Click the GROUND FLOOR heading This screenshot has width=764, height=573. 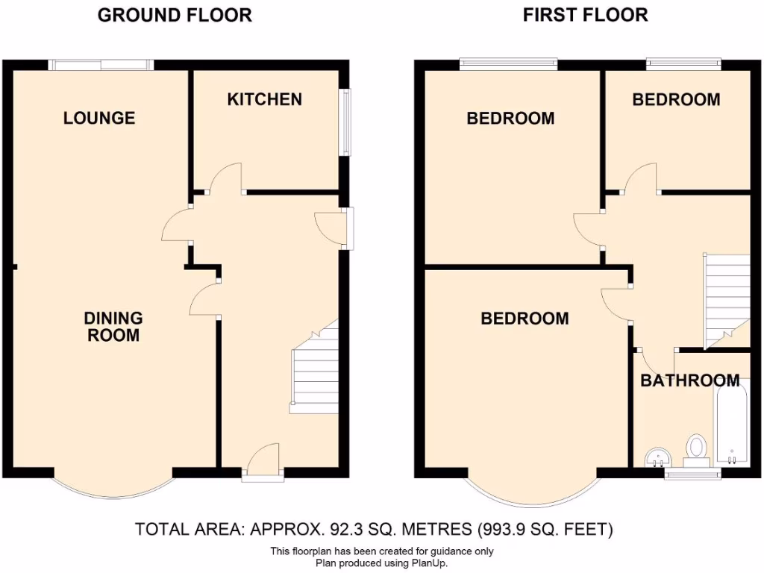175,14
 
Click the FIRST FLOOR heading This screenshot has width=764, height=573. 585,14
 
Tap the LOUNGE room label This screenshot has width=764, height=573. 99,117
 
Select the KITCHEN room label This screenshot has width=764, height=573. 265,99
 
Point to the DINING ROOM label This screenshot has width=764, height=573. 113,327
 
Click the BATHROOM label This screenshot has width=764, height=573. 690,381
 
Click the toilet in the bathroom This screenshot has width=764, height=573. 697,449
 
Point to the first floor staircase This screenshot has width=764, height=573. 725,298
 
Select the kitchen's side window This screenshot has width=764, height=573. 345,123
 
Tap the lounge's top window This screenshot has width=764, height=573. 101,66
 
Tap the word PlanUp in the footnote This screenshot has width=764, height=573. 428,563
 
